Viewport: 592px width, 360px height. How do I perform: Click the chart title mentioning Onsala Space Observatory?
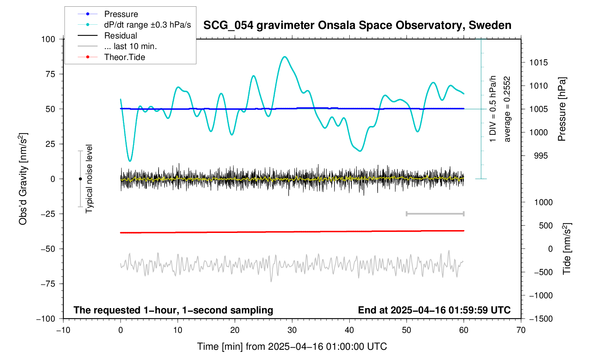tap(357, 25)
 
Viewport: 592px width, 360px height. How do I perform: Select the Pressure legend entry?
tap(121, 14)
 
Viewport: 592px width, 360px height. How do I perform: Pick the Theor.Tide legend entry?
tap(124, 57)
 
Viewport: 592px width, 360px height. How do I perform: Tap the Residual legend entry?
tap(120, 36)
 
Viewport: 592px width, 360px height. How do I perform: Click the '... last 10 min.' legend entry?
tap(130, 47)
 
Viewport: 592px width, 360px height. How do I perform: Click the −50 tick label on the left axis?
tap(48, 249)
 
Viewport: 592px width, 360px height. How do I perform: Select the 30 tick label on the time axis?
tap(292, 330)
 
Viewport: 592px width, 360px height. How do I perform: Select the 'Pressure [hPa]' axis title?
tap(562, 109)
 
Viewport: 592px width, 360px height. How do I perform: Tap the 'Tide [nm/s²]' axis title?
tap(567, 249)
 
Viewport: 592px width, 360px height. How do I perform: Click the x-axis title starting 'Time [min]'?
tap(292, 347)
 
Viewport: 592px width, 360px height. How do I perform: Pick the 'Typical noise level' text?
tap(89, 179)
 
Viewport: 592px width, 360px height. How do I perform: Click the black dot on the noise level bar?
tap(80, 179)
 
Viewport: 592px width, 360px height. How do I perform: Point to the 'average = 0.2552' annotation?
tap(507, 109)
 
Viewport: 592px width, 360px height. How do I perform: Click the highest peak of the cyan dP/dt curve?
tap(285, 57)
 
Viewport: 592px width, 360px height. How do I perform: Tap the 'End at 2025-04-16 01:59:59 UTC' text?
tap(434, 310)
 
